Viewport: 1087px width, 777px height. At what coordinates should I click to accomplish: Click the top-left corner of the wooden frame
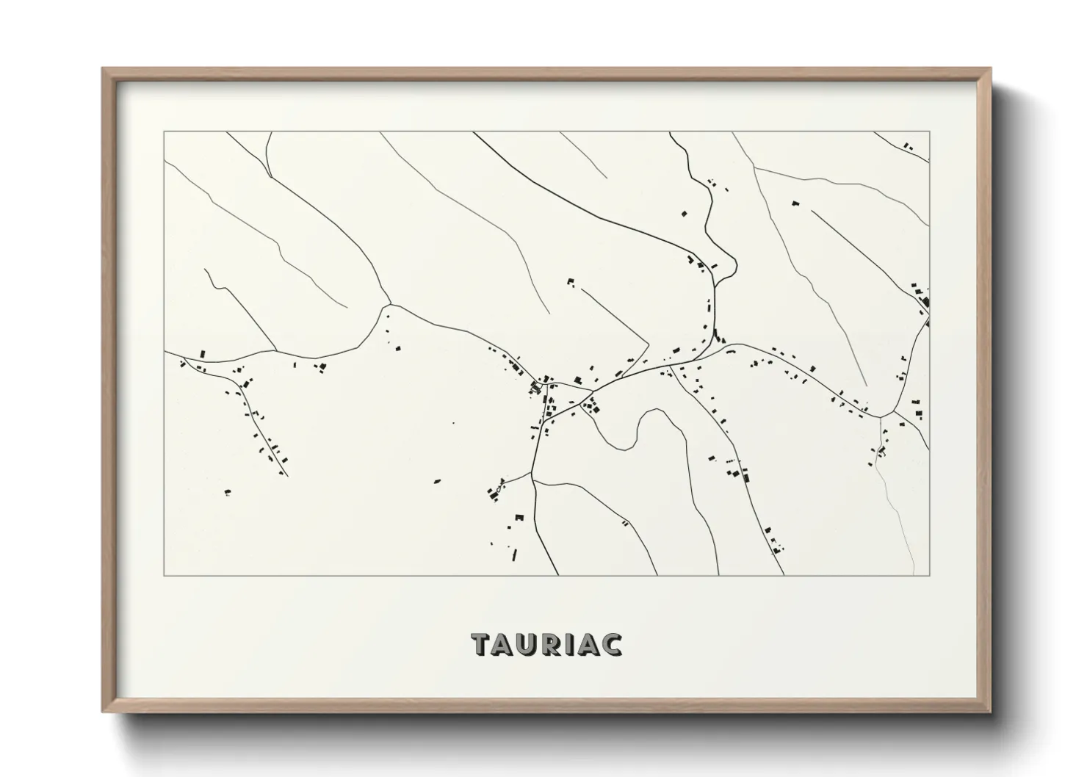[104, 69]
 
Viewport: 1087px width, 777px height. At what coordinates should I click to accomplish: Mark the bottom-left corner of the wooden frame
[104, 711]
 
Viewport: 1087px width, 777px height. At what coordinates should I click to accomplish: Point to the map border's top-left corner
[165, 132]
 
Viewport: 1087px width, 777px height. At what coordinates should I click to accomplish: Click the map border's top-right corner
[929, 132]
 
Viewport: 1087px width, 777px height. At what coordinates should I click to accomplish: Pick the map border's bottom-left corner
[165, 576]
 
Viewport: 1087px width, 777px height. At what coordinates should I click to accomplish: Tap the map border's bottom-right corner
[929, 576]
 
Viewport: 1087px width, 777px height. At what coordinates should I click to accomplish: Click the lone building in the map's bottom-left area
[228, 492]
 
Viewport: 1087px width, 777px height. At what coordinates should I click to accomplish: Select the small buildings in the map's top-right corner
[908, 147]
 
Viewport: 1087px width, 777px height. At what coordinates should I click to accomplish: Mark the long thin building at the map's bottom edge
[514, 554]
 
